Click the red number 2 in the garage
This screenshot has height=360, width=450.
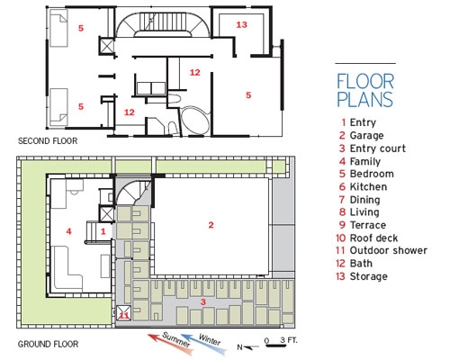tap(211, 225)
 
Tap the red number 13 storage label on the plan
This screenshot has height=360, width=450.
tap(241, 24)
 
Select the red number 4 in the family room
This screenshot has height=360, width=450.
tap(68, 231)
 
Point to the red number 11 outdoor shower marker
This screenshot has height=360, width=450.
tap(123, 315)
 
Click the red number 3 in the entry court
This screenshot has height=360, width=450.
tap(203, 301)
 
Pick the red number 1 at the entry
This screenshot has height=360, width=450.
tap(103, 231)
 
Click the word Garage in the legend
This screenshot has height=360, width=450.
tap(366, 136)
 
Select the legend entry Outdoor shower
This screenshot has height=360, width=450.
tap(389, 250)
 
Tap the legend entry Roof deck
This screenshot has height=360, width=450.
tap(373, 238)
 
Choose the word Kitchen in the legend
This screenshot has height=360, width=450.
tap(368, 186)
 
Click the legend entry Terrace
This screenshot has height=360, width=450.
tap(368, 225)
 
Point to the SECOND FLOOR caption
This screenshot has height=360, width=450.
tap(48, 141)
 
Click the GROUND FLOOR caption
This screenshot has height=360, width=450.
tap(48, 344)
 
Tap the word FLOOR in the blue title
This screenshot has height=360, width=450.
tap(365, 81)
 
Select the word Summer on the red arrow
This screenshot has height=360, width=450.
tap(176, 340)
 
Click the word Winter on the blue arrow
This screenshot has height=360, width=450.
tap(210, 339)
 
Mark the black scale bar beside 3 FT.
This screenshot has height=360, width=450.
tap(276, 346)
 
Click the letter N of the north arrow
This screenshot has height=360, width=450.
tap(239, 347)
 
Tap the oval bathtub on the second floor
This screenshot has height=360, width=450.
tap(195, 120)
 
